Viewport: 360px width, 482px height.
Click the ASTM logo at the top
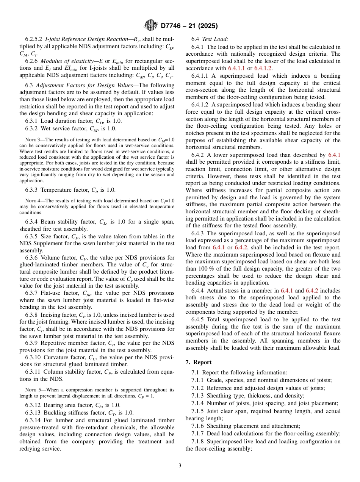[x=150, y=26]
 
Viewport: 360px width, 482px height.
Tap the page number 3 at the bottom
[x=180, y=465]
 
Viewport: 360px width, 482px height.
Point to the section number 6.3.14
[x=34, y=420]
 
